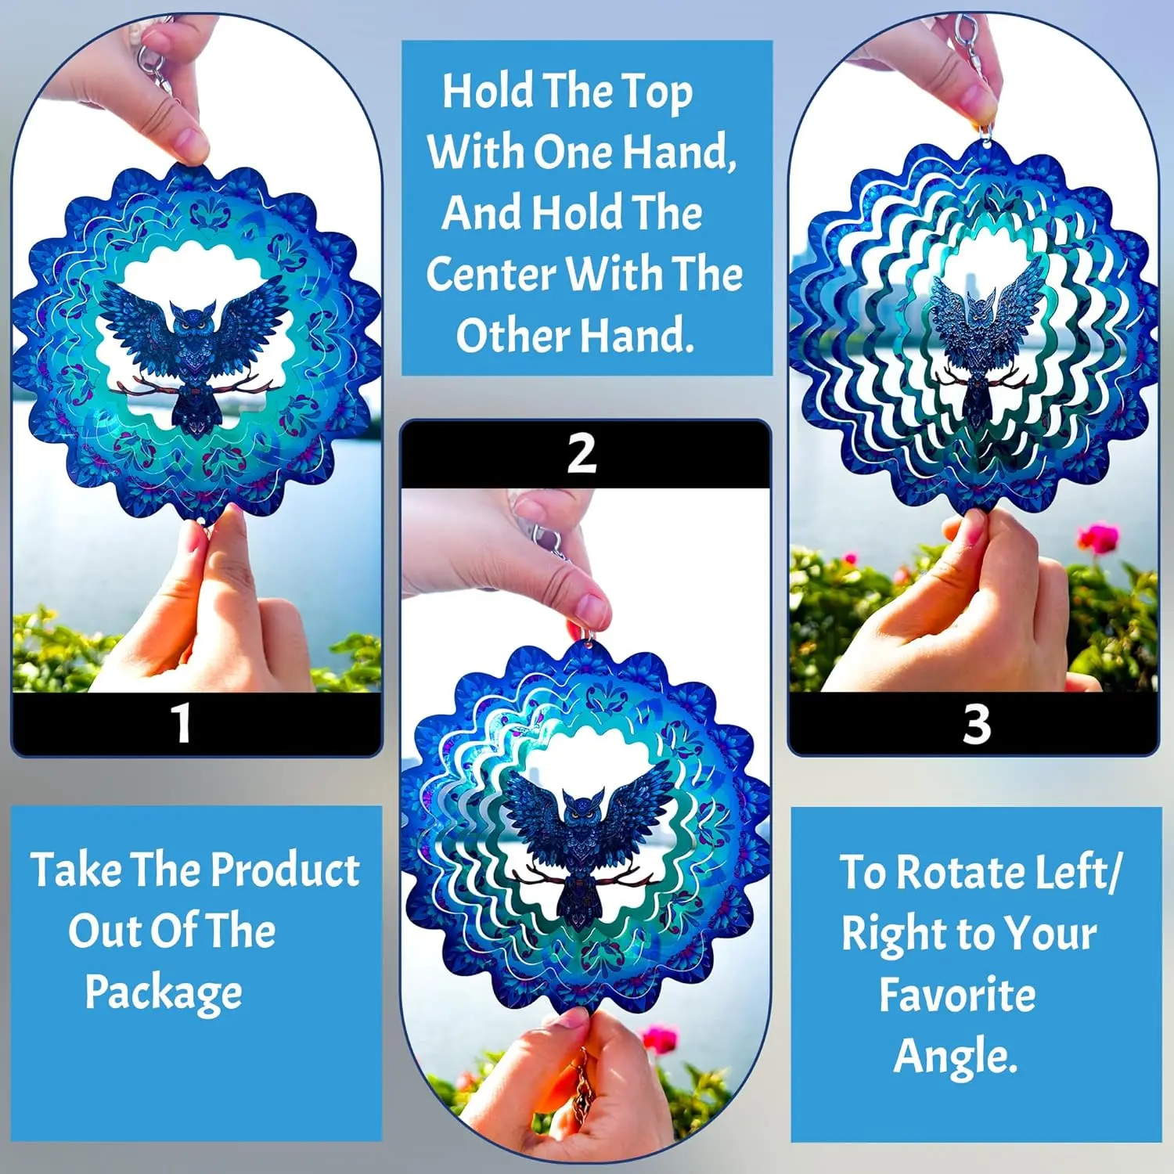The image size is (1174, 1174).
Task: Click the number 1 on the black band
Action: point(182,723)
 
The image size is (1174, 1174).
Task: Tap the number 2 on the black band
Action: point(582,454)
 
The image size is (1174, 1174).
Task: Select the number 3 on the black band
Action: point(977,724)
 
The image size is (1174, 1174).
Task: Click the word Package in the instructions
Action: point(164,993)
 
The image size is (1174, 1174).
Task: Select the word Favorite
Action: point(957,995)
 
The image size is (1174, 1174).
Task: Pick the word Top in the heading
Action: point(657,93)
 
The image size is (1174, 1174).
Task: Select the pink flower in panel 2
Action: point(659,1039)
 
